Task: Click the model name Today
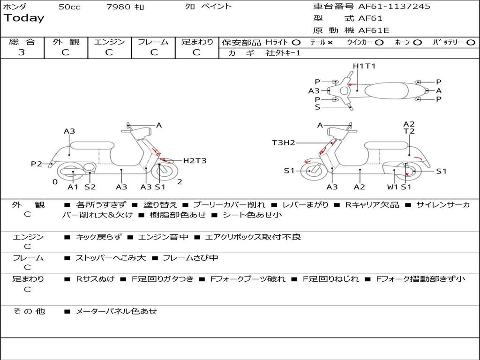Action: tap(24, 18)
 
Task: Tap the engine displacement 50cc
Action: tap(69, 7)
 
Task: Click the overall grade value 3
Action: tap(22, 52)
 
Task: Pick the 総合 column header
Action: tap(22, 42)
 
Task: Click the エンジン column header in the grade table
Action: tap(109, 42)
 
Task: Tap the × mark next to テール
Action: tap(330, 42)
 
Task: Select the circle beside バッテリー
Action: tap(471, 42)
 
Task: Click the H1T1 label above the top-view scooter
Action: tap(364, 66)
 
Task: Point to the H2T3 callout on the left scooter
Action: tap(195, 161)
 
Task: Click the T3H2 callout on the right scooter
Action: tap(284, 142)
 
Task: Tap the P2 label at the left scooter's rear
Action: tap(37, 164)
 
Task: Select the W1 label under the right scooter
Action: tap(392, 187)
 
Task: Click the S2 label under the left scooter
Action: tap(90, 187)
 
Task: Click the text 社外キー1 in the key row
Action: tap(284, 53)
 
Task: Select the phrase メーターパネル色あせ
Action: tap(116, 311)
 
